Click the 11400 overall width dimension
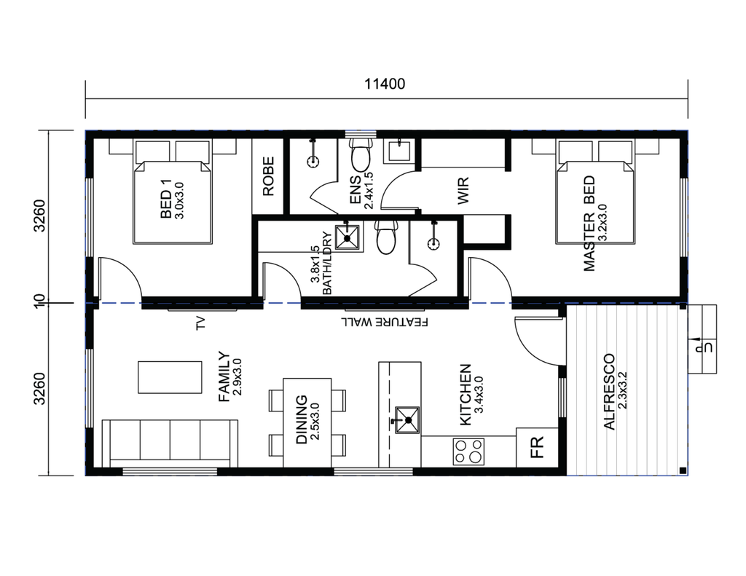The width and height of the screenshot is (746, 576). [385, 84]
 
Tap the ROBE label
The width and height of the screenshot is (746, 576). [269, 176]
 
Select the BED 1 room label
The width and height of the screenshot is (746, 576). [166, 205]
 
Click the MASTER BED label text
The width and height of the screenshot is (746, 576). [589, 224]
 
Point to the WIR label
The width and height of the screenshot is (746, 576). [463, 190]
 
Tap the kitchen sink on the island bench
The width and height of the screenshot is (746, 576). [407, 420]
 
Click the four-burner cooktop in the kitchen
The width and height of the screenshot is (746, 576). [468, 451]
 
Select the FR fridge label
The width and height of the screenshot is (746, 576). [537, 447]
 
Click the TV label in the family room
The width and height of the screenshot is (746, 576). [200, 324]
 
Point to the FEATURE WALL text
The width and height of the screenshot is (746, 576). [385, 322]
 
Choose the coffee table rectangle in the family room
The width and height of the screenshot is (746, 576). [170, 377]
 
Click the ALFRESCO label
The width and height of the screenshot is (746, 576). [609, 392]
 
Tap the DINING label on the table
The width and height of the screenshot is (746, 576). [302, 419]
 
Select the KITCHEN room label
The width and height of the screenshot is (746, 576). [466, 395]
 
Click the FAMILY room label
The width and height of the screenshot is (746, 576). [224, 376]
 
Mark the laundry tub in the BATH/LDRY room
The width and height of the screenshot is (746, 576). [348, 237]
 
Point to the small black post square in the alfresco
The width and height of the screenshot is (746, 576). [683, 471]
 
